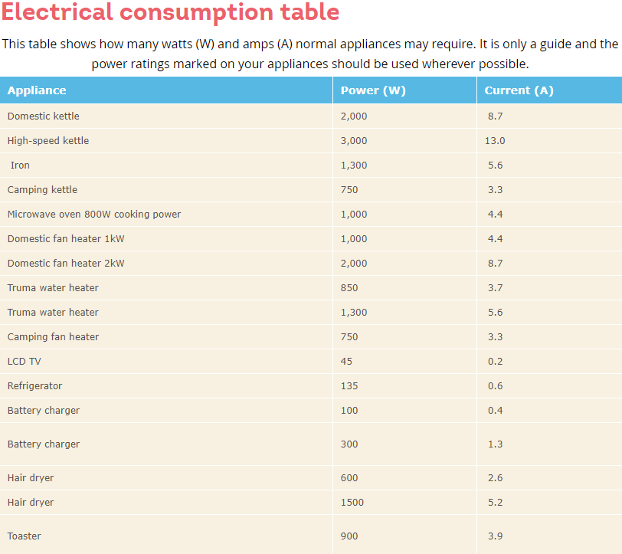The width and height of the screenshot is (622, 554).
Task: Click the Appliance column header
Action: pos(37,90)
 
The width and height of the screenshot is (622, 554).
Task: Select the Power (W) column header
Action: pos(373,90)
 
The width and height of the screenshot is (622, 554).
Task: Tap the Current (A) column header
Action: pos(519,90)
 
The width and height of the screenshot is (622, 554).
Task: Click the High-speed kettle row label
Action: pos(48,141)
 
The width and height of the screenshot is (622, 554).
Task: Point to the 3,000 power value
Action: pos(354,141)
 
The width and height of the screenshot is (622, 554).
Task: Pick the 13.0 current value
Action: pos(496,141)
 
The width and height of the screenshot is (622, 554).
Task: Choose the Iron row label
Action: pos(21,166)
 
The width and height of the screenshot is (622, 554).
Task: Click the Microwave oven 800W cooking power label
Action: pos(94,215)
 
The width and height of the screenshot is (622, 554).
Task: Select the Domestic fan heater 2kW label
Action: pos(66,264)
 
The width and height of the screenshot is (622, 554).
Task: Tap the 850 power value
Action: pos(349,288)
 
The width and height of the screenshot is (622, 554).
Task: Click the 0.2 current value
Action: pos(495,362)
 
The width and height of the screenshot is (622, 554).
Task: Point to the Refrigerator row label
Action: pos(34,386)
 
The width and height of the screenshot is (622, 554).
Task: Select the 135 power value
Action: pos(349,386)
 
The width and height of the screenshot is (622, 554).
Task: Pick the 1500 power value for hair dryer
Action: pos(352,503)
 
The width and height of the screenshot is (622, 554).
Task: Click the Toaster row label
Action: pos(25,536)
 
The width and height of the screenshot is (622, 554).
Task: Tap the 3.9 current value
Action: pos(495,536)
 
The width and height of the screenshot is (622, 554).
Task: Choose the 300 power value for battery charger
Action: pos(349,444)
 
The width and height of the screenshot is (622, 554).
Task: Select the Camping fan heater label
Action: pos(53,337)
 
